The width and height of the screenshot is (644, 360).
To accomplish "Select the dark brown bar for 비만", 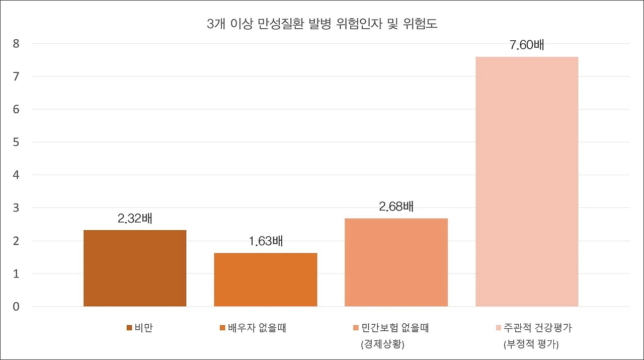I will (x=135, y=268).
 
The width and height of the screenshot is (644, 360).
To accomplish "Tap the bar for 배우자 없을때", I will (x=266, y=279).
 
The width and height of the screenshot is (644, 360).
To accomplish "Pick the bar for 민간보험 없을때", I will (x=396, y=262).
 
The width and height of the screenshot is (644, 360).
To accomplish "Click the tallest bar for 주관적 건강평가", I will (x=527, y=181).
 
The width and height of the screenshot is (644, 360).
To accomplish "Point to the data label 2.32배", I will (x=135, y=219).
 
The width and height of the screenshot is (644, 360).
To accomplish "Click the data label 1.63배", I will (x=266, y=241).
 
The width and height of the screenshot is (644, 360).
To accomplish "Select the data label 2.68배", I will (x=396, y=207).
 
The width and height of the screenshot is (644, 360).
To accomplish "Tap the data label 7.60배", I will (x=527, y=45).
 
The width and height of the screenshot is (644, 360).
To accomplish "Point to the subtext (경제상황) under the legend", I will (x=382, y=345).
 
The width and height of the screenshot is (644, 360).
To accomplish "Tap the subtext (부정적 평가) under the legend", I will (x=531, y=345).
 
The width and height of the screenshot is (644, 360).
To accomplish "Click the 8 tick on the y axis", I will (x=16, y=44).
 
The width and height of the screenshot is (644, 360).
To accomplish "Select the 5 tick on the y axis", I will (x=16, y=142).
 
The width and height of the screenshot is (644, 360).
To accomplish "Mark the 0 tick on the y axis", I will (x=16, y=307).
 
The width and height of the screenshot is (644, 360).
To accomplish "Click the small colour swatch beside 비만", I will (x=129, y=328).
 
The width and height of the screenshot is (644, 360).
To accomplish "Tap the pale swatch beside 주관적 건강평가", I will (x=499, y=328).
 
